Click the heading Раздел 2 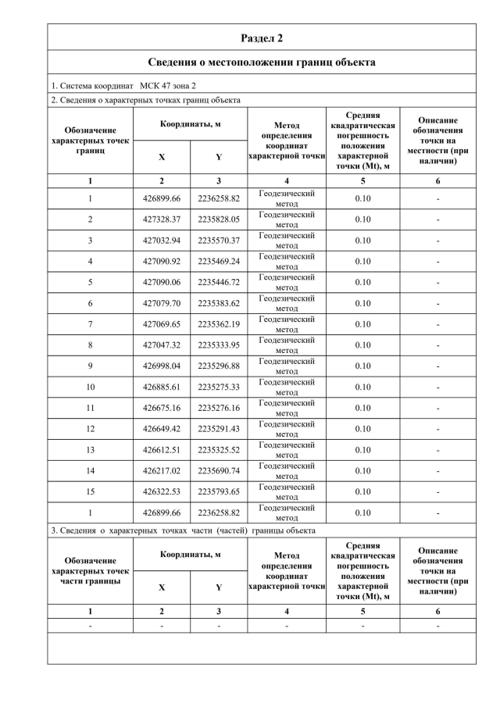[262, 37]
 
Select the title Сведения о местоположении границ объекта [262, 62]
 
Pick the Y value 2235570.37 [219, 241]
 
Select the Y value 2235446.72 [219, 282]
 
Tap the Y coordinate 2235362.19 [219, 324]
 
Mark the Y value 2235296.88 [219, 366]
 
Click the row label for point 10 [91, 387]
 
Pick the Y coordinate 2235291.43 [219, 429]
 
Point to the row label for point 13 [91, 449]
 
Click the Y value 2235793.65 [219, 491]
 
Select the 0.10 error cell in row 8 [362, 345]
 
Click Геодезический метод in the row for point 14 [287, 470]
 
